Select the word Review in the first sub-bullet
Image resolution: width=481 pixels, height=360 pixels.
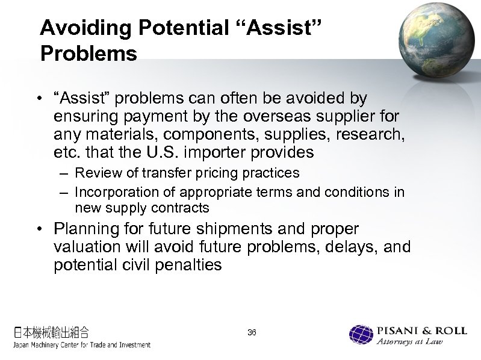coord(93,173)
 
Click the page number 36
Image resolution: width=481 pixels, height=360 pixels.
coord(252,332)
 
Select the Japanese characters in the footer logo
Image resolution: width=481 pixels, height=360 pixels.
coord(52,331)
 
